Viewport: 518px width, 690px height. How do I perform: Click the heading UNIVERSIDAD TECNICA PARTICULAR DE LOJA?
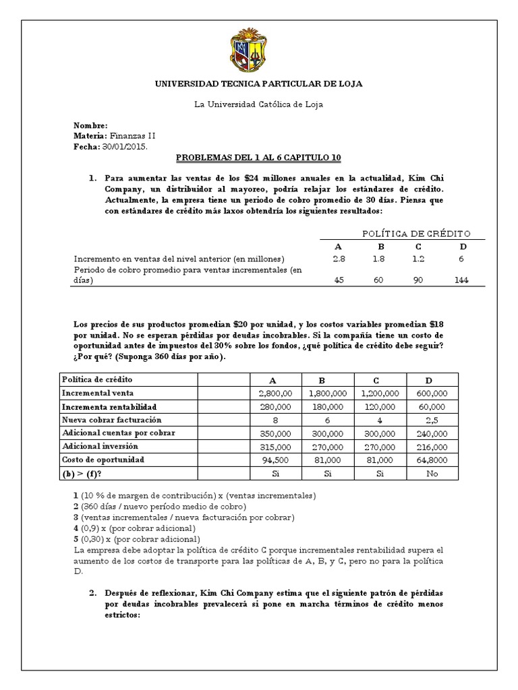(259, 84)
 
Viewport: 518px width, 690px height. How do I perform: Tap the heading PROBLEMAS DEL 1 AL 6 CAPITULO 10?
(259, 158)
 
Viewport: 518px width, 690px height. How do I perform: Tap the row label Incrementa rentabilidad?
(109, 407)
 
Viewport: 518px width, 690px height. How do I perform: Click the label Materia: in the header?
(89, 135)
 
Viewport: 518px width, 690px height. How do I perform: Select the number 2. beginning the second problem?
(94, 592)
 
